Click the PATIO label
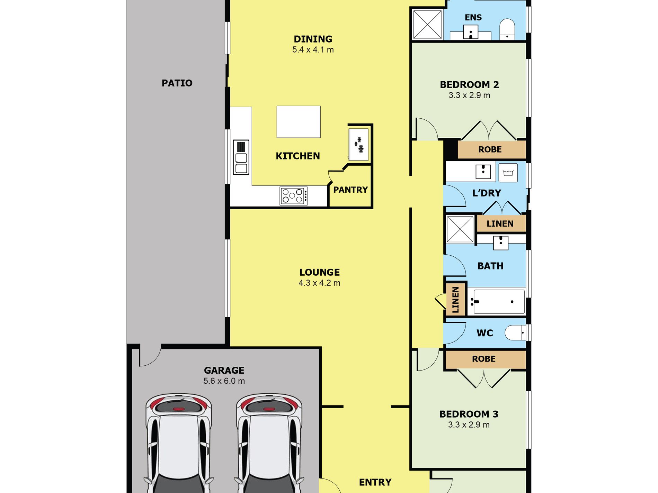[x=177, y=83]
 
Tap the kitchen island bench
[x=299, y=122]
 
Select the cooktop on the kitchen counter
[x=294, y=196]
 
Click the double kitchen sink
[x=241, y=157]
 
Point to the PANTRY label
[x=350, y=190]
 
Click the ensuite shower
[x=428, y=24]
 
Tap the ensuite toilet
[x=507, y=29]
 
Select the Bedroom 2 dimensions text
[x=469, y=95]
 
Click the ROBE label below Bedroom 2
[x=490, y=149]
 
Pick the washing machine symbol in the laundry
[x=508, y=173]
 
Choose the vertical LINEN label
[x=455, y=300]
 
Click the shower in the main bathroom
[x=460, y=229]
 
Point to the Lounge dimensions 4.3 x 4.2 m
[x=319, y=283]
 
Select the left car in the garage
[x=179, y=443]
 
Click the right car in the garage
[x=269, y=443]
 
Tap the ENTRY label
[x=375, y=482]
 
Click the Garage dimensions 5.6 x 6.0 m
[x=224, y=381]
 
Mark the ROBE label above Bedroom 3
[x=484, y=359]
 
